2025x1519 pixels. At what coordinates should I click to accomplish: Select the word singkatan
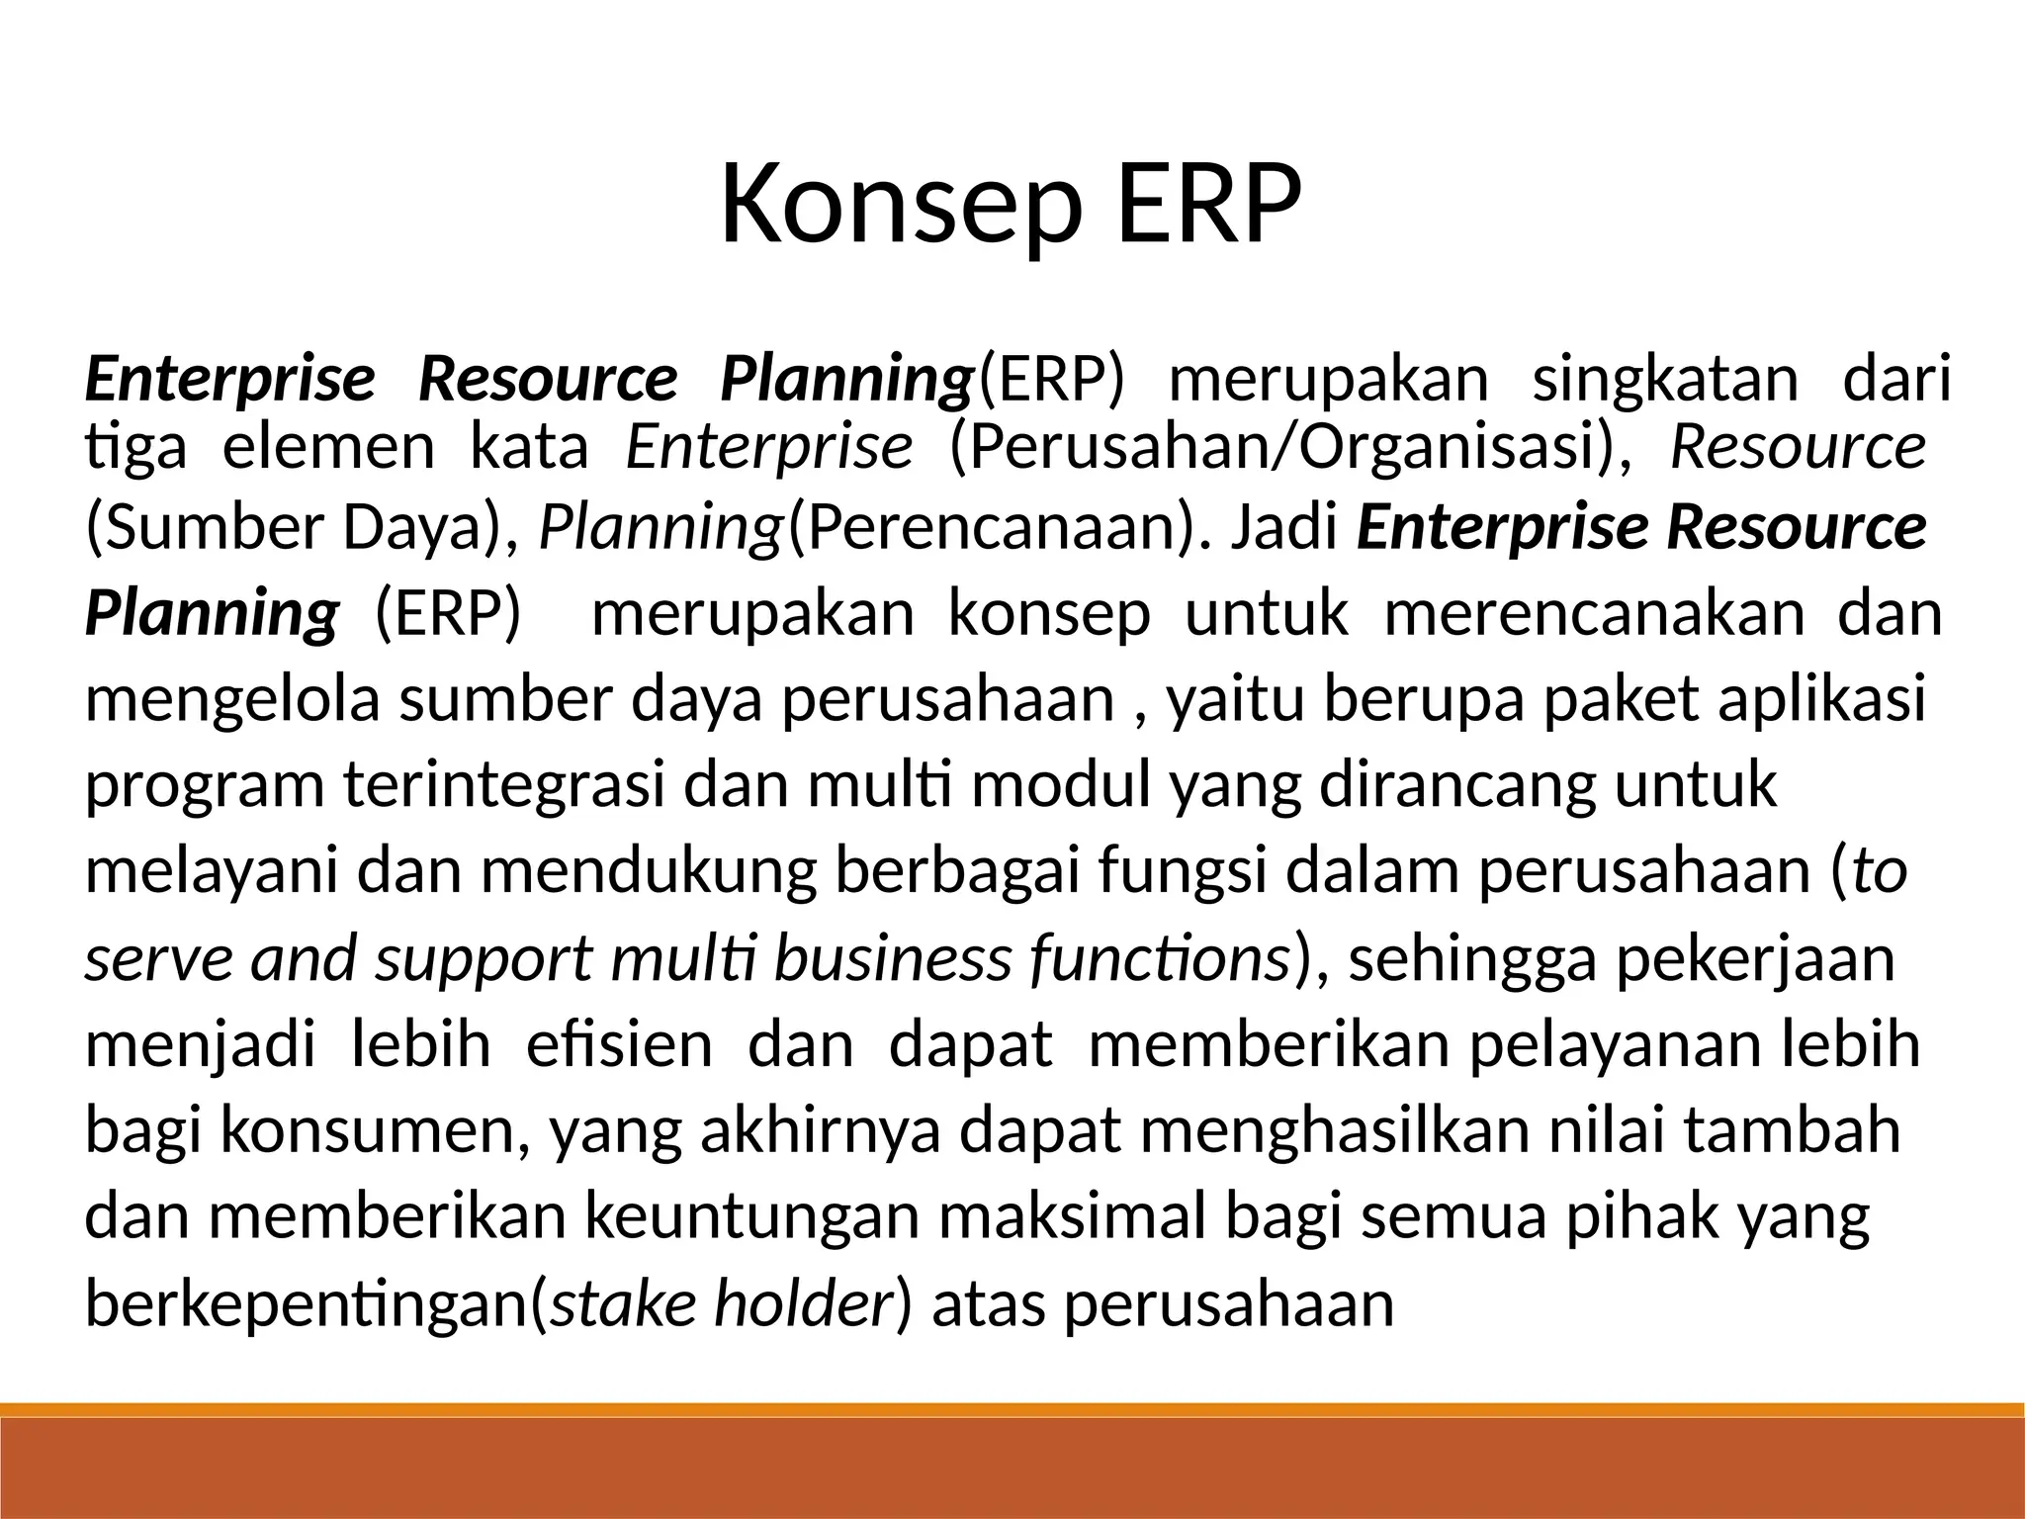coord(1665,380)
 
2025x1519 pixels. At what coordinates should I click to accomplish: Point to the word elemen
coord(328,446)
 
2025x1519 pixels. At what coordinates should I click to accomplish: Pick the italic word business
coord(894,958)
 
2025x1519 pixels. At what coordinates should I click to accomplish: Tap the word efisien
coord(619,1045)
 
